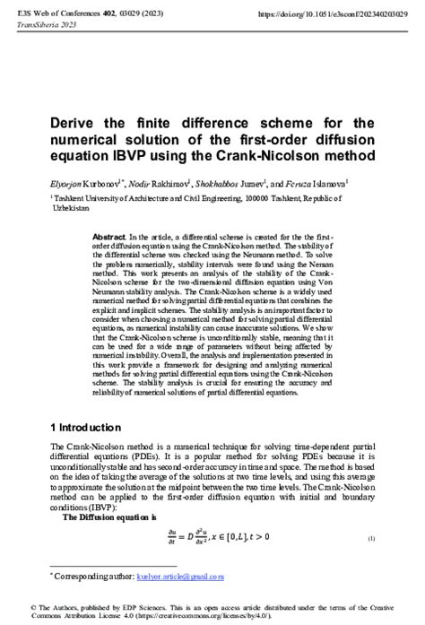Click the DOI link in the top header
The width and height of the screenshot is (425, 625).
(333, 15)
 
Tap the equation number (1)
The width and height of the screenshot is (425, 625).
(370, 538)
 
